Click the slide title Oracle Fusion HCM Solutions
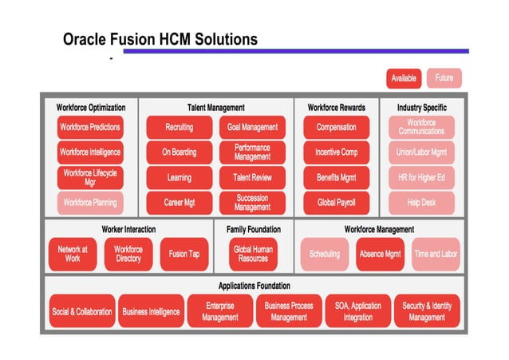coord(160,39)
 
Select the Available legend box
coord(404,78)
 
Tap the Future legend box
coord(444,78)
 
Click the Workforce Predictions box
coord(90,127)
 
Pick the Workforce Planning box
coord(90,203)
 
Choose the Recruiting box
coord(179,127)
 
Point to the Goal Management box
coord(252,127)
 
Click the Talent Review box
coord(252,178)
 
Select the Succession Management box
coord(252,203)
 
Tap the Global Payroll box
coord(336,203)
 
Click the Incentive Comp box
coord(336,152)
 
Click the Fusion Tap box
coord(184,255)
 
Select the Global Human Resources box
coord(253,255)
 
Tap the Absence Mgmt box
coord(380,255)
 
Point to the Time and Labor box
coord(436,255)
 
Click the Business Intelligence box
coord(151,312)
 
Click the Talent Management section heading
coord(215,107)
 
